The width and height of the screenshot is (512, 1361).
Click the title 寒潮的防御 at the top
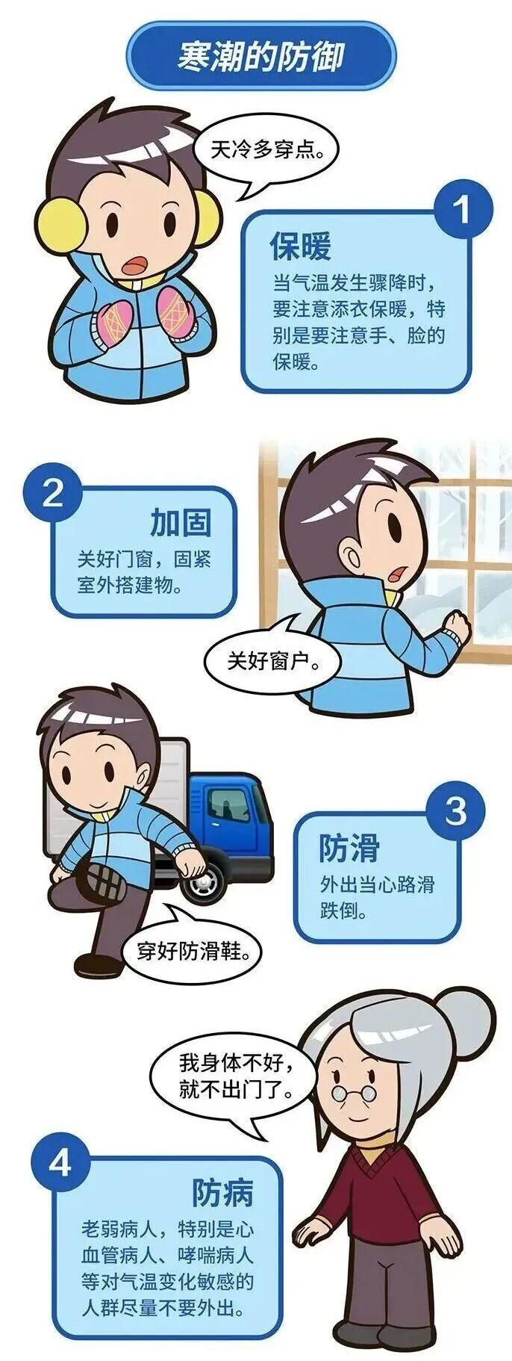[260, 56]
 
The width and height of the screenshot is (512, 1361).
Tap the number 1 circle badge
[463, 209]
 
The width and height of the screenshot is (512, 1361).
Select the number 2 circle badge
[51, 493]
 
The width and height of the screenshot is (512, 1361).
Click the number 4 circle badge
[60, 1163]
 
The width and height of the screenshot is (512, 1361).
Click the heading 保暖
[300, 246]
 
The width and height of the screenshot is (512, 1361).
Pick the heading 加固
[181, 522]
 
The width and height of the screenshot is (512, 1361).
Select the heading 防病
[223, 1192]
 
